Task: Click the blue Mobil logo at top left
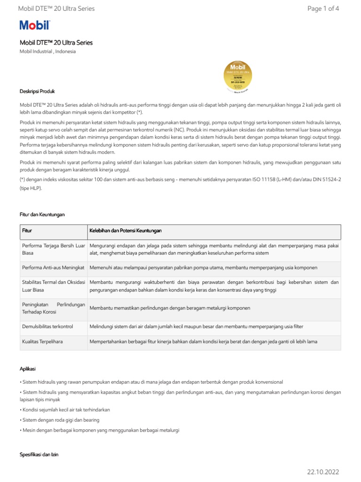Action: pyautogui.click(x=34, y=25)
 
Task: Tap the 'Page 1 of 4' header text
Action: pyautogui.click(x=323, y=8)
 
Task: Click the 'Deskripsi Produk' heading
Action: pyautogui.click(x=37, y=91)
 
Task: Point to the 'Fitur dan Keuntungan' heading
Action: pyautogui.click(x=42, y=215)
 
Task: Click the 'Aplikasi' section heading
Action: pyautogui.click(x=28, y=369)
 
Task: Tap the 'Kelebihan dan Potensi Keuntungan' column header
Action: pyautogui.click(x=126, y=231)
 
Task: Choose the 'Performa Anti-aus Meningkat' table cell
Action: pyautogui.click(x=53, y=267)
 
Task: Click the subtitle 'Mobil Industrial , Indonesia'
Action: pyautogui.click(x=47, y=52)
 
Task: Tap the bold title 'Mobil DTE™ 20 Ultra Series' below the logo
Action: pyautogui.click(x=56, y=43)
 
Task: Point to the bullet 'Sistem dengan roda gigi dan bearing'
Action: pyautogui.click(x=59, y=420)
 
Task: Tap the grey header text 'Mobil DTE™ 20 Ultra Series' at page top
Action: pyautogui.click(x=56, y=8)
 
